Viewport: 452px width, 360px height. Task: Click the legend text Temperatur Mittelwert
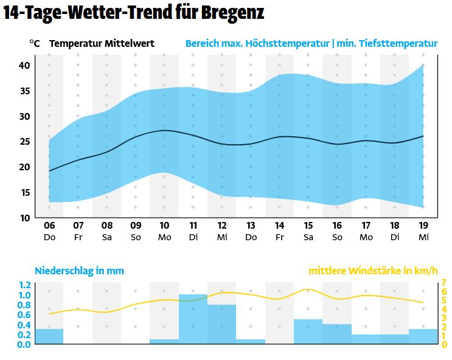[x=102, y=44]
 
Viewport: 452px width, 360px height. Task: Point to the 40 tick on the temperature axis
[x=24, y=65]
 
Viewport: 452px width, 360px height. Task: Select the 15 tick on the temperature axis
[x=24, y=193]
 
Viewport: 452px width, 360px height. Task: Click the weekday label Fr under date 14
[x=279, y=237]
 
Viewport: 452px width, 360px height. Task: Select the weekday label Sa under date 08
[x=107, y=237]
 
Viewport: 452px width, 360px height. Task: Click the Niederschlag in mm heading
[x=79, y=271]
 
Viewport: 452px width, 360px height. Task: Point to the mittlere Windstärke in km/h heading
[x=373, y=271]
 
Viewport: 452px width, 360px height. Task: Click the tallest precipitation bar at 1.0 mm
[x=193, y=319]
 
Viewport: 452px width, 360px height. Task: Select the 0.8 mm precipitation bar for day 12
[x=221, y=324]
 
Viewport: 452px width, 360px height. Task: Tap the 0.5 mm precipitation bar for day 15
[x=308, y=331]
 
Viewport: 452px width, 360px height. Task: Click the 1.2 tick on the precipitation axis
[x=24, y=285]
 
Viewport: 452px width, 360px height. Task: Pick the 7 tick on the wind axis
[x=444, y=283]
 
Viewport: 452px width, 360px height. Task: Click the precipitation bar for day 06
[x=49, y=336]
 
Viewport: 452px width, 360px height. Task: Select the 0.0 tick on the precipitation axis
[x=24, y=344]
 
